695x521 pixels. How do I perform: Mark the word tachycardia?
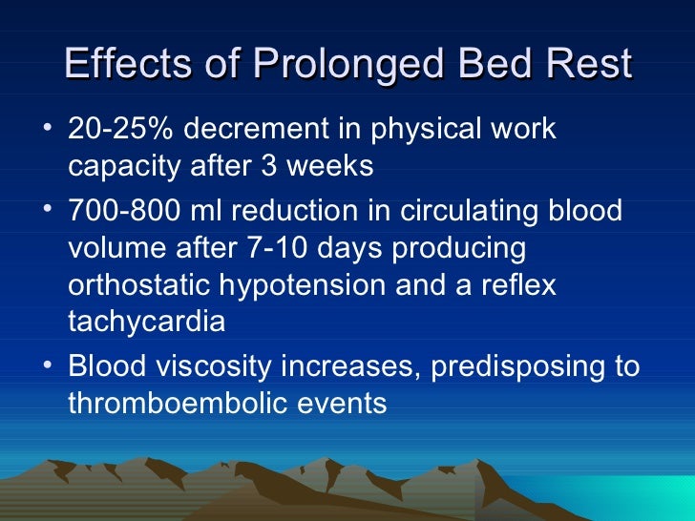147,322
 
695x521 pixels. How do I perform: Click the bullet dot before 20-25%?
48,127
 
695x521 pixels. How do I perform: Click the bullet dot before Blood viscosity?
48,365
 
